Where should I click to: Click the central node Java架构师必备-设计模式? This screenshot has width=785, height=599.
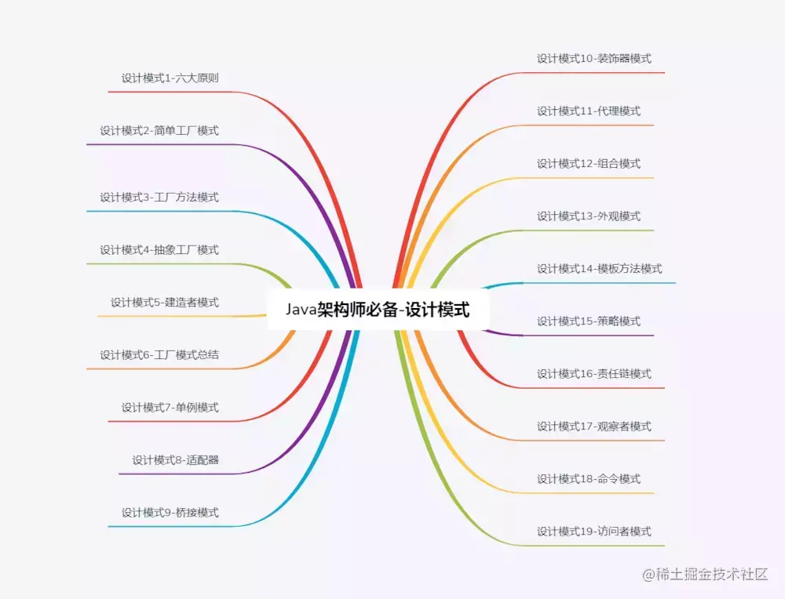tap(378, 310)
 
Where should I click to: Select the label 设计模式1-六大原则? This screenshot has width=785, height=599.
tap(170, 78)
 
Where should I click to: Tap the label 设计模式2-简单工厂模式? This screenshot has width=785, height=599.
tap(159, 131)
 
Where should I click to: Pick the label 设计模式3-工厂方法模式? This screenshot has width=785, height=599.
tap(159, 198)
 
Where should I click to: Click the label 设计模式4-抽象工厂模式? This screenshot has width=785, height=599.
tap(159, 250)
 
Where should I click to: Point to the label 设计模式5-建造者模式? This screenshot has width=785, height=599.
tap(165, 303)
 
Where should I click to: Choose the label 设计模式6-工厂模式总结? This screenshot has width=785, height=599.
tap(159, 355)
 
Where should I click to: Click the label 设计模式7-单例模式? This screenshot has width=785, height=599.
tap(170, 408)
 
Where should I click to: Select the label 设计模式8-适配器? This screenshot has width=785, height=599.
tap(175, 460)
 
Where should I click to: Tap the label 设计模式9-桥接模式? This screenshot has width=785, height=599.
tap(170, 513)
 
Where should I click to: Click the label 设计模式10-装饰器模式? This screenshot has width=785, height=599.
tap(594, 59)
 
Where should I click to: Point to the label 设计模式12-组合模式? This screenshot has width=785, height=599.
tap(589, 164)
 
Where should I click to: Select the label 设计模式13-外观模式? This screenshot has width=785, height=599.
tap(589, 216)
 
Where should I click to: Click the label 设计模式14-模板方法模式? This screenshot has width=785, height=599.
tap(600, 269)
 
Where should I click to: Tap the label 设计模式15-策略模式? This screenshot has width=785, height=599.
tap(589, 321)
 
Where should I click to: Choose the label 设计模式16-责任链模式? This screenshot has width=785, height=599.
tap(594, 374)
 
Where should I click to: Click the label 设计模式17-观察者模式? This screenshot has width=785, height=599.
tap(594, 427)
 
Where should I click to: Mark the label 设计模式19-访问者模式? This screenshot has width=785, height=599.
tap(594, 532)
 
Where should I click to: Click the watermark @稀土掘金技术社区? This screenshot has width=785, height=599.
tap(705, 575)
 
